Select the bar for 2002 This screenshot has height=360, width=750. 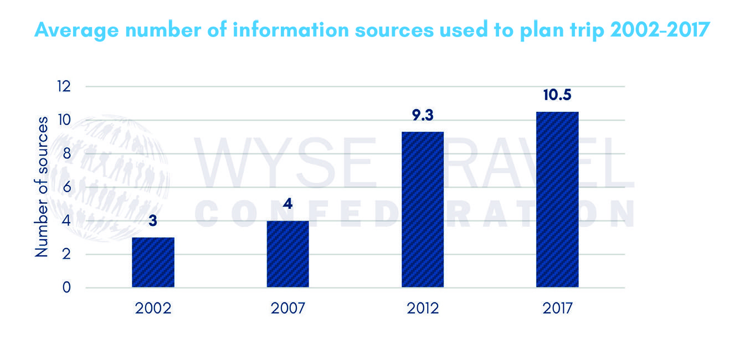[153, 263]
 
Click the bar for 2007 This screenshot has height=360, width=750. [287, 254]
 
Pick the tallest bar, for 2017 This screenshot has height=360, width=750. [557, 199]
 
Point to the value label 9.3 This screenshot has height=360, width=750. [423, 116]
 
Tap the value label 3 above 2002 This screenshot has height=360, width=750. [153, 222]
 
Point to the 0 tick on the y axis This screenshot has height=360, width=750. [66, 287]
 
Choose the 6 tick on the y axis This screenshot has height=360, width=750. [66, 187]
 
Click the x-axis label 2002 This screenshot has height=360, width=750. [153, 308]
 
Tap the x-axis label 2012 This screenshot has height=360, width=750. [423, 308]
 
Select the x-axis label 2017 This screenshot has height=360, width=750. [557, 308]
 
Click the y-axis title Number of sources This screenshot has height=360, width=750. [42, 187]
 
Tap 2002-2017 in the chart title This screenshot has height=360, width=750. [659, 30]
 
